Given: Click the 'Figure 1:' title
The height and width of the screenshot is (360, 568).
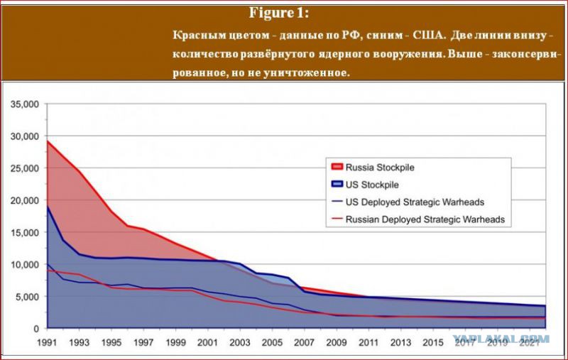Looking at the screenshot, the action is [x=279, y=13].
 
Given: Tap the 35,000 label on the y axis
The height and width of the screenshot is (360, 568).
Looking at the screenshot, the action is [x=25, y=104].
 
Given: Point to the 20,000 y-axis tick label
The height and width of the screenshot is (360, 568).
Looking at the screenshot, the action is [x=25, y=200].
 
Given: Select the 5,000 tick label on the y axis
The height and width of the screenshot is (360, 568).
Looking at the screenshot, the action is [x=27, y=297].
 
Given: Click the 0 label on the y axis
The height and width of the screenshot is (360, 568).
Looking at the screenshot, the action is [x=36, y=329].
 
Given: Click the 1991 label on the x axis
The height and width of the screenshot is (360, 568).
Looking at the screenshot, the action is [x=48, y=342].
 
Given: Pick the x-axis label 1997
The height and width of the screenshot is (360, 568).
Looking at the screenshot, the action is [x=144, y=342].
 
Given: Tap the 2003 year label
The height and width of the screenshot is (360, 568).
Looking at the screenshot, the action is [x=240, y=342].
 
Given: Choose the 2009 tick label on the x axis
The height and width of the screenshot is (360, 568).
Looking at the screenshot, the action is [x=337, y=342].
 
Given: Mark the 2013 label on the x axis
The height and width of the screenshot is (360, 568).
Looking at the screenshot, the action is [x=400, y=342].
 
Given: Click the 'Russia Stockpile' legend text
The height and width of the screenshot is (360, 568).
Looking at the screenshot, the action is [x=380, y=168].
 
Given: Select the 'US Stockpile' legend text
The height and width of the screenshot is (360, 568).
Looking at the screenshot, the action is [x=372, y=185].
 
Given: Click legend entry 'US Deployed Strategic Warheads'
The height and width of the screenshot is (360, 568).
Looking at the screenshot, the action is [x=415, y=202].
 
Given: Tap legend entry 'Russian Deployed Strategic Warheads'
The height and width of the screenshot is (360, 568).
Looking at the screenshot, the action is [x=425, y=219].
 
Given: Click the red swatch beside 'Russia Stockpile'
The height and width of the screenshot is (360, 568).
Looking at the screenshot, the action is [x=337, y=167].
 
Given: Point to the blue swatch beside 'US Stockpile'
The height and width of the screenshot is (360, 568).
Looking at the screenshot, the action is [x=337, y=184].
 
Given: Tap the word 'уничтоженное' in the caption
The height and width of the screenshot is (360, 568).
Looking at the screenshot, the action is [x=306, y=73].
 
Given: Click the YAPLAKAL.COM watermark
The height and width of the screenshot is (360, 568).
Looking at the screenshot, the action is [x=501, y=339].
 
